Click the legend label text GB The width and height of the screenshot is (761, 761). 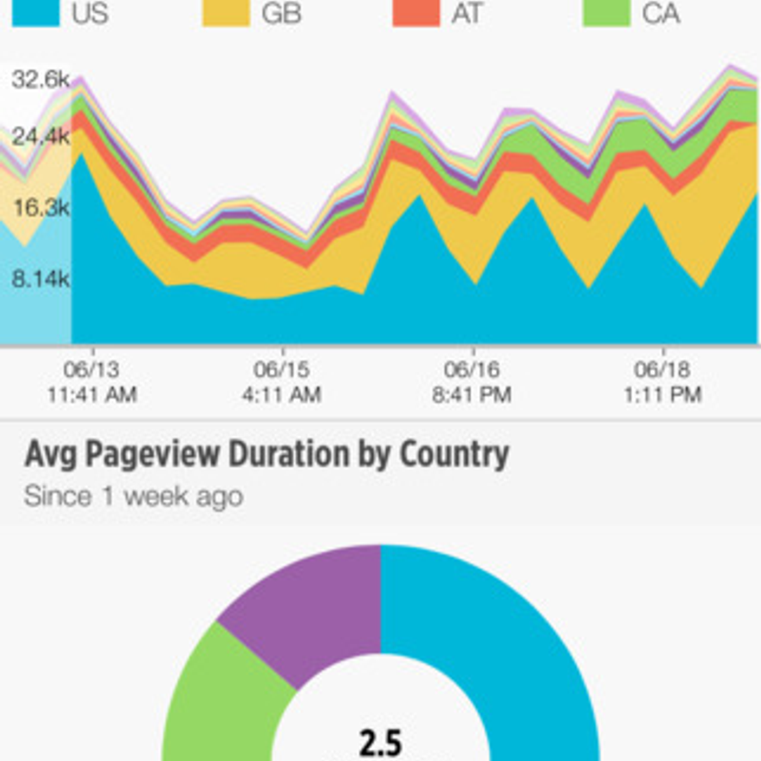click(282, 13)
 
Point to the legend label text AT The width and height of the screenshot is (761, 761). click(467, 13)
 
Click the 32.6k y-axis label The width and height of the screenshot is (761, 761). click(41, 80)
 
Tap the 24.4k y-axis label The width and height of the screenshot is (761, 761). click(41, 136)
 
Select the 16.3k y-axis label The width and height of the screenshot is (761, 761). click(41, 207)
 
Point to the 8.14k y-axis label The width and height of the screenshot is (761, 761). click(41, 278)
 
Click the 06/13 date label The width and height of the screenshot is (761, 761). click(91, 369)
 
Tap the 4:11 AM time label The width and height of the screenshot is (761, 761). click(282, 394)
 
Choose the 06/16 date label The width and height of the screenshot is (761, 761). click(472, 369)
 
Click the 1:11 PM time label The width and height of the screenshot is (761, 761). click(662, 394)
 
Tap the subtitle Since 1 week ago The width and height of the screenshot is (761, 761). click(134, 496)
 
